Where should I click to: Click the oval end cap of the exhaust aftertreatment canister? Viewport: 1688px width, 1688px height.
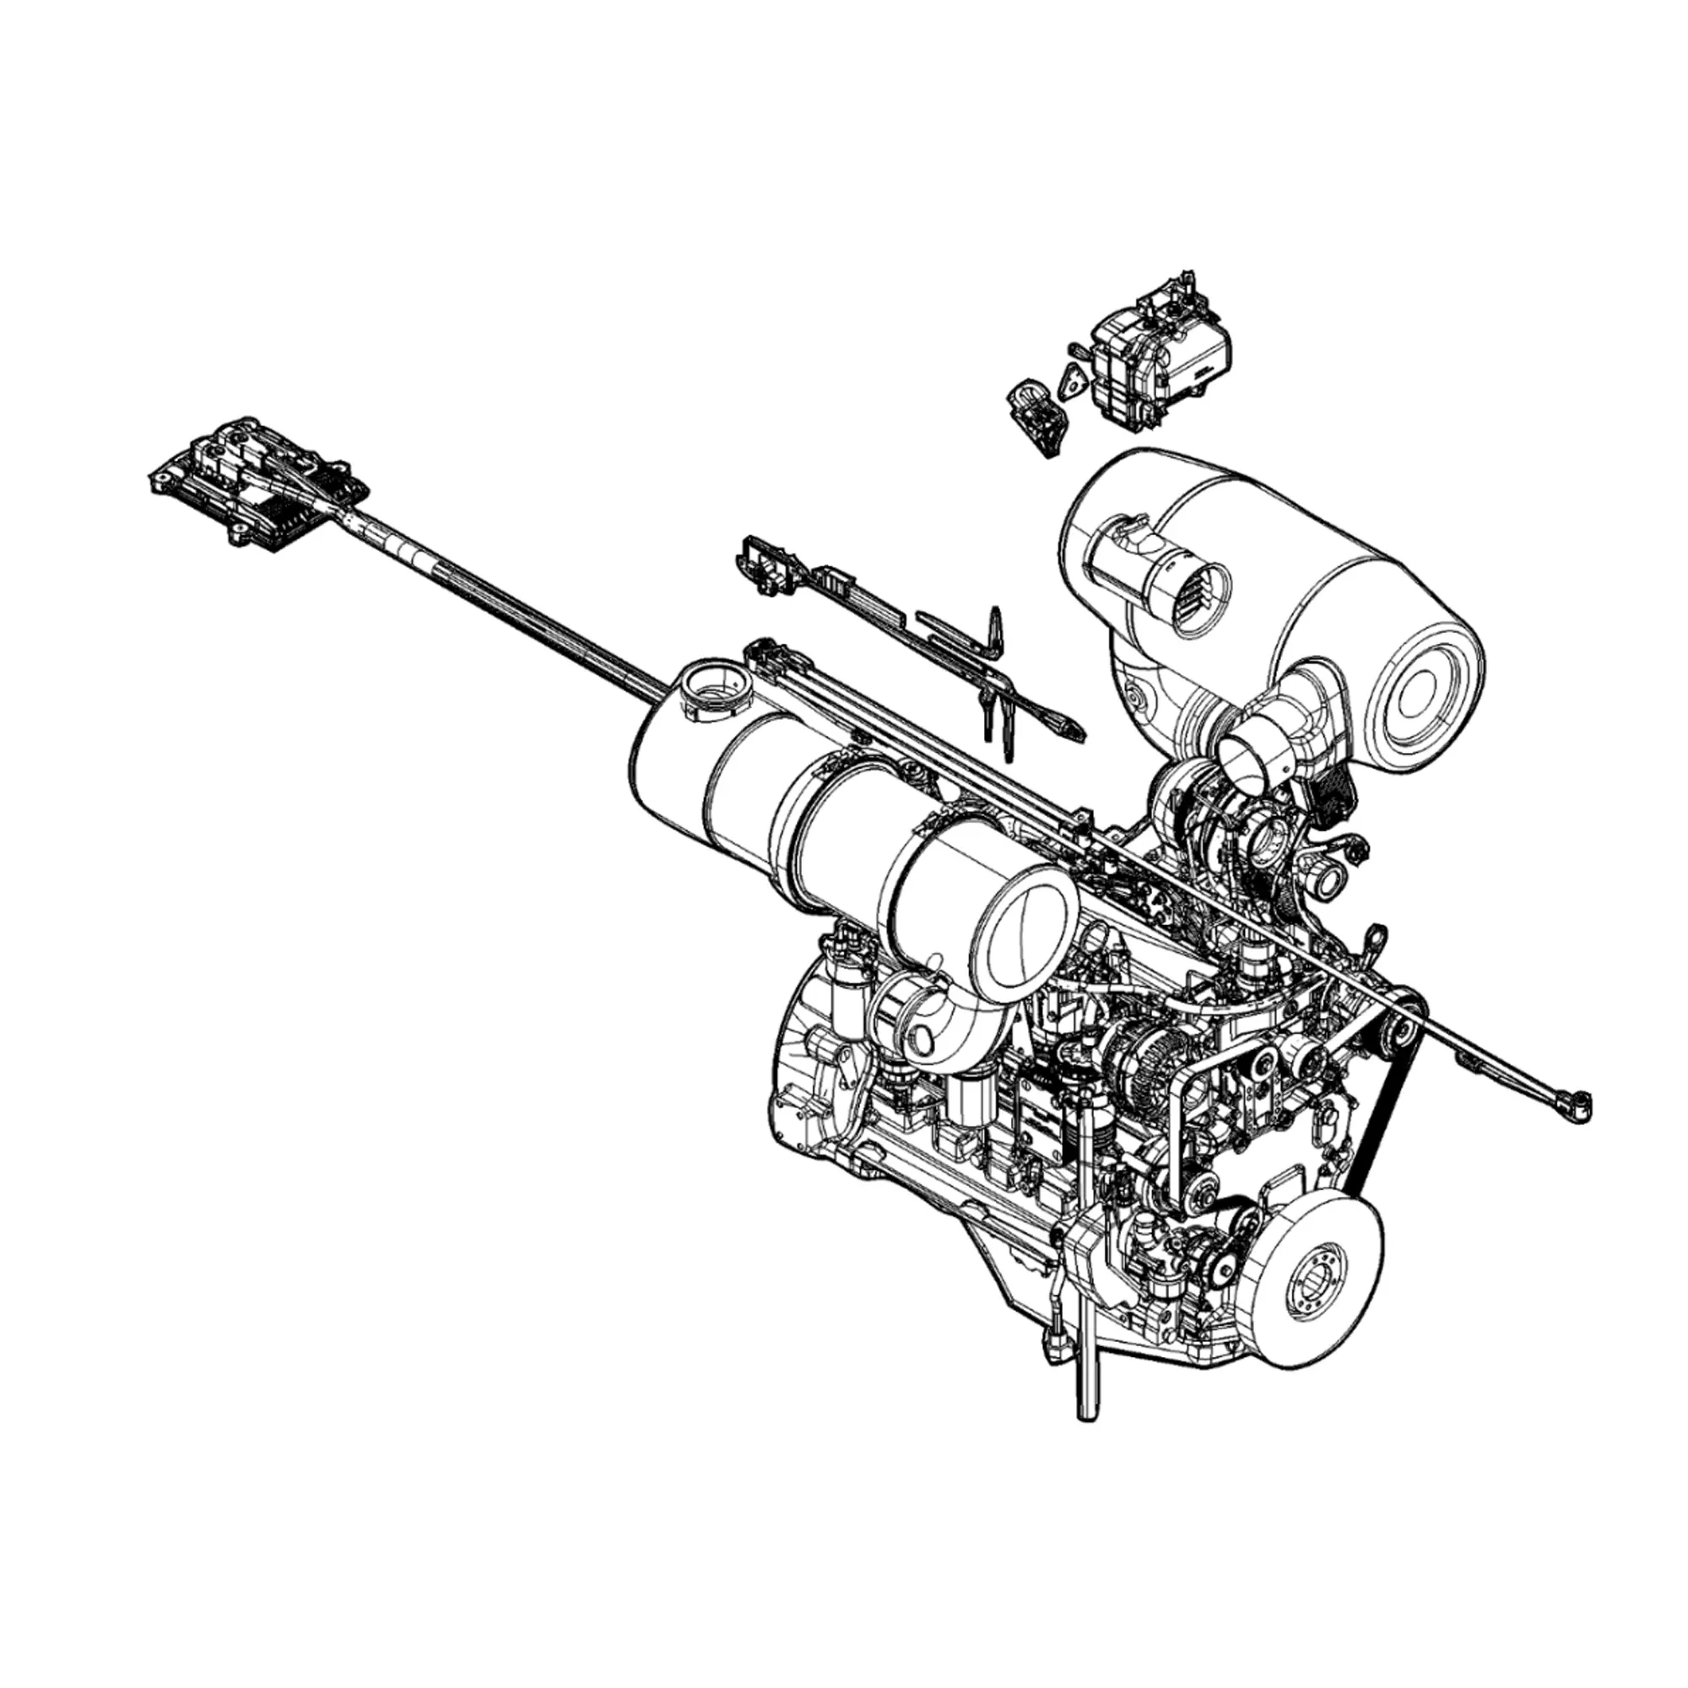[x=1027, y=926]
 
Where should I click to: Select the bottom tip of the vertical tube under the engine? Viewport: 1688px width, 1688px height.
[x=1087, y=1408]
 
